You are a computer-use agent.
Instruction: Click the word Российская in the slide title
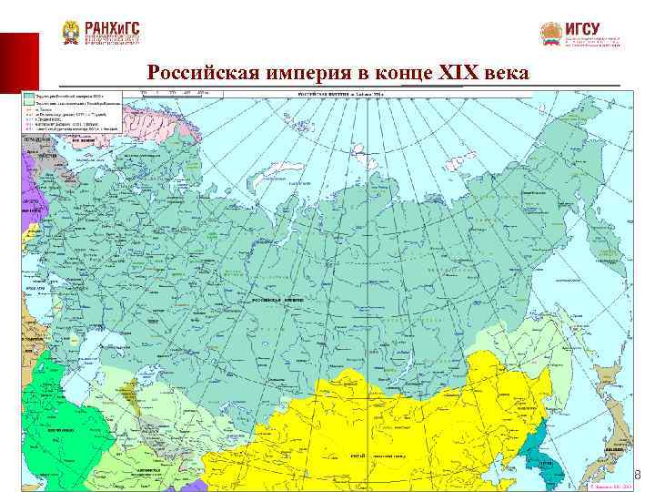point(202,73)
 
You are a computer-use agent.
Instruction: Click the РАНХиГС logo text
point(114,28)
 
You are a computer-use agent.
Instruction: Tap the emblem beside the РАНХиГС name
point(71,33)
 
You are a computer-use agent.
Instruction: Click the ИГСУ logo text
point(581,28)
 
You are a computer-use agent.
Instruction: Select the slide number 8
point(637,475)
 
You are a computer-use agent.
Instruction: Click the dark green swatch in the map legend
point(29,95)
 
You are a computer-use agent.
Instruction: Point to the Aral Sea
point(138,372)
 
